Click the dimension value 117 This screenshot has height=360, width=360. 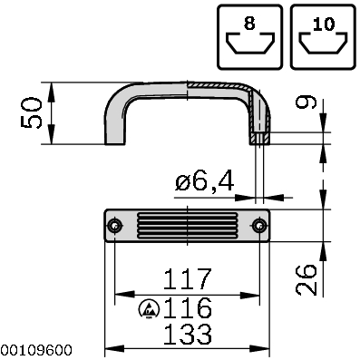coord(186,278)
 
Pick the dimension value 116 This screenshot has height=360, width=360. coord(186,306)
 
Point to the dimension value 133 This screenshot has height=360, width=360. coord(186,335)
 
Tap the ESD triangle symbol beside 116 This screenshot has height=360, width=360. coord(146,308)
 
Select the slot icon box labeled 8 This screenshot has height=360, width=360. coord(250,35)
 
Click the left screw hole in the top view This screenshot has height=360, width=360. coord(113,225)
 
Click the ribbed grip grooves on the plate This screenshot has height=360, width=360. coord(186,225)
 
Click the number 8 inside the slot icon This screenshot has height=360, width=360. coord(251,20)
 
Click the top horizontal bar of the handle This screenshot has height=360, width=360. coord(186,89)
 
